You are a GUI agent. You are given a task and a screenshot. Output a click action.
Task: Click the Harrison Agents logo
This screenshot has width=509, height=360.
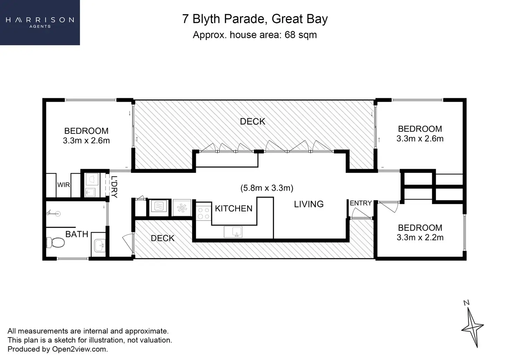[40, 22]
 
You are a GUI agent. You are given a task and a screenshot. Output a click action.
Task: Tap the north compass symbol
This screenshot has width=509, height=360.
[472, 325]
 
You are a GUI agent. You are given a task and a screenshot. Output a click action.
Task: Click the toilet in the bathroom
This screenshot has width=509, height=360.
[55, 242]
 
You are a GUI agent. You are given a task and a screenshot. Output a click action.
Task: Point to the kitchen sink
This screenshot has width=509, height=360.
[233, 232]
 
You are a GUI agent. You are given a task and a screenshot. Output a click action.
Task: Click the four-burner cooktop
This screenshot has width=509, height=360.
[203, 213]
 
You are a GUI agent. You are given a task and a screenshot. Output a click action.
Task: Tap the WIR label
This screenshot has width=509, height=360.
[63, 185]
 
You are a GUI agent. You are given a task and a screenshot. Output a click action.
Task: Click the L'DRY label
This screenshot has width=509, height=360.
[114, 187]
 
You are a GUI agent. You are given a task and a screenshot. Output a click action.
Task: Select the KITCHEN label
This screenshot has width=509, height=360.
[233, 209]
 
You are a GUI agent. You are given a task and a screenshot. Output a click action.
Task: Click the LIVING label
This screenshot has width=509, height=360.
[308, 204]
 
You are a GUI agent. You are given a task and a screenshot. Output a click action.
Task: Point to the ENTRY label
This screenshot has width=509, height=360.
[360, 203]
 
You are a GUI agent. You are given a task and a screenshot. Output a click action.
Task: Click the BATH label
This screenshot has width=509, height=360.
[76, 234]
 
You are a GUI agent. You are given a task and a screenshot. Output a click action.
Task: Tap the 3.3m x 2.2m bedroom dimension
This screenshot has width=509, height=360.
[420, 238]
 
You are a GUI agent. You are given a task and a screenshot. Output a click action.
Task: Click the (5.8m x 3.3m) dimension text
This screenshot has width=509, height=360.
[267, 188]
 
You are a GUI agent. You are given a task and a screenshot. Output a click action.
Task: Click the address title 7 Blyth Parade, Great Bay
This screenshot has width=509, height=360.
[255, 19]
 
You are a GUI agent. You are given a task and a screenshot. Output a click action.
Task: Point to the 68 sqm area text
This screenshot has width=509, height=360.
[300, 35]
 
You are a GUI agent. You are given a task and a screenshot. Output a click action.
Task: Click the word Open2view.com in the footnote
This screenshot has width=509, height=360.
[79, 349]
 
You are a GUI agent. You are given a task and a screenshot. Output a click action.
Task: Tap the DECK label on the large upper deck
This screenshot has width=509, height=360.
[252, 121]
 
